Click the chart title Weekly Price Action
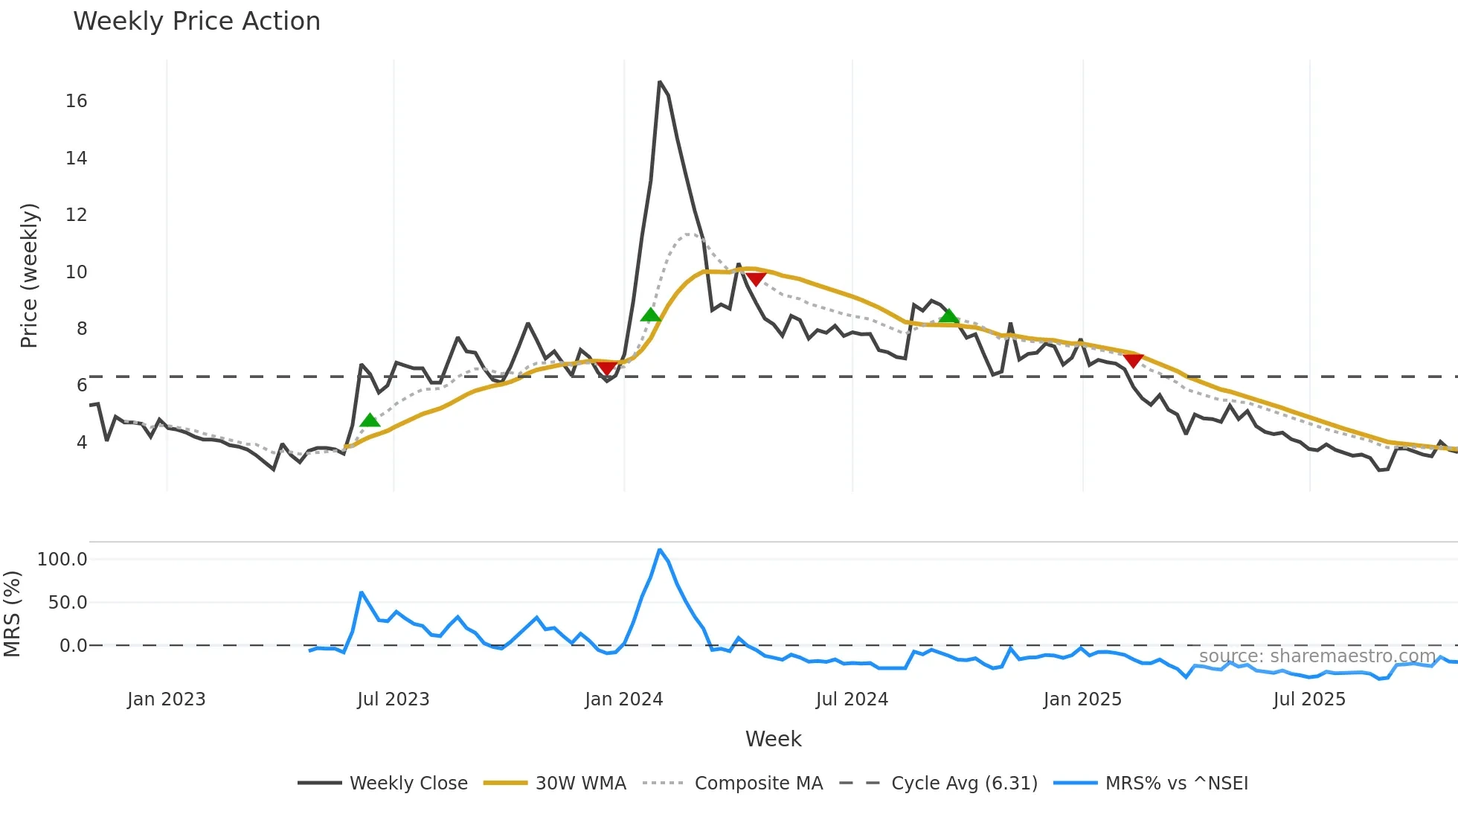[196, 22]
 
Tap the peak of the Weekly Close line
[660, 83]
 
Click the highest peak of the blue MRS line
[660, 551]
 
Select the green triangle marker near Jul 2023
[370, 421]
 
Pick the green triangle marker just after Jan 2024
[651, 315]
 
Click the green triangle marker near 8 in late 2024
[948, 317]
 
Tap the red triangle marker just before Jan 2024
[608, 368]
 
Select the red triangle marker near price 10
[756, 279]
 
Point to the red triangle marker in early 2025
[1133, 361]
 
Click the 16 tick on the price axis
[76, 101]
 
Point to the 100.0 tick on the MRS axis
[62, 560]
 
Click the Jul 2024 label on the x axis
[852, 699]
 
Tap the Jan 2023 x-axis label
[167, 699]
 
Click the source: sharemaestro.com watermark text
[1317, 656]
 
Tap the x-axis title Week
[773, 739]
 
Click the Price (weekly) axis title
[29, 275]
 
